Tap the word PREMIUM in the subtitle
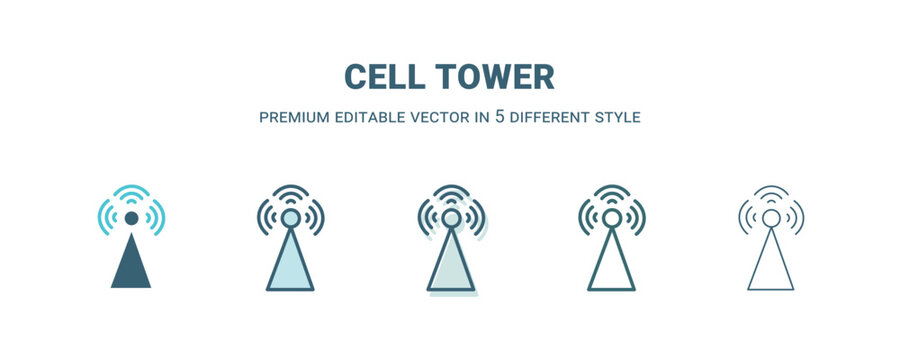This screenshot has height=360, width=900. click(295, 117)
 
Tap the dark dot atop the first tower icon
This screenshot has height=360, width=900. click(131, 218)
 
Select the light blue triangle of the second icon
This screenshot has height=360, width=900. click(290, 265)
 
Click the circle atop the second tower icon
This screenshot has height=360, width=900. click(290, 218)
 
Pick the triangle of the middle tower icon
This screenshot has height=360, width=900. click(451, 265)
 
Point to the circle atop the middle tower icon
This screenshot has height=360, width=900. click(451, 218)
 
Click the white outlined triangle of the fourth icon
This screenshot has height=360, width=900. click(611, 265)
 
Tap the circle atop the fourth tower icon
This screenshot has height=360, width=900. click(611, 218)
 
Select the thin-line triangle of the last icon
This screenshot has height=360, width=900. click(770, 265)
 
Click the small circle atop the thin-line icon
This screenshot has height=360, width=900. click(770, 218)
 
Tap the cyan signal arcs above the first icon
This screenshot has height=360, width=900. click(131, 192)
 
